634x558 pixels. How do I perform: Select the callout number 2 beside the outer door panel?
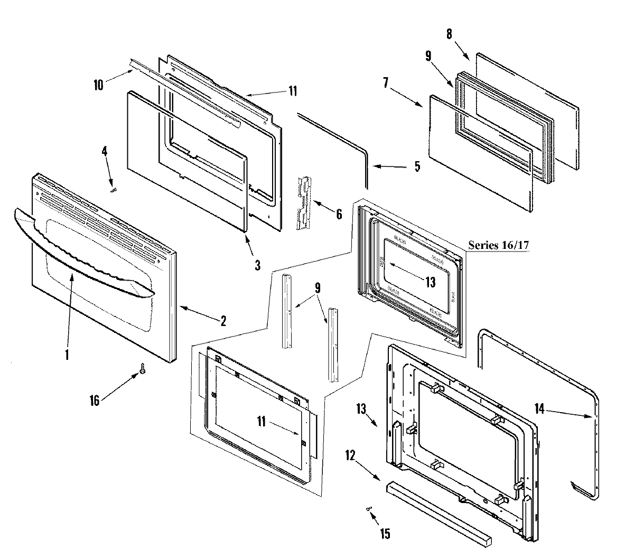[223, 321]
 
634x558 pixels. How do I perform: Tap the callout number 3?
[257, 265]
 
